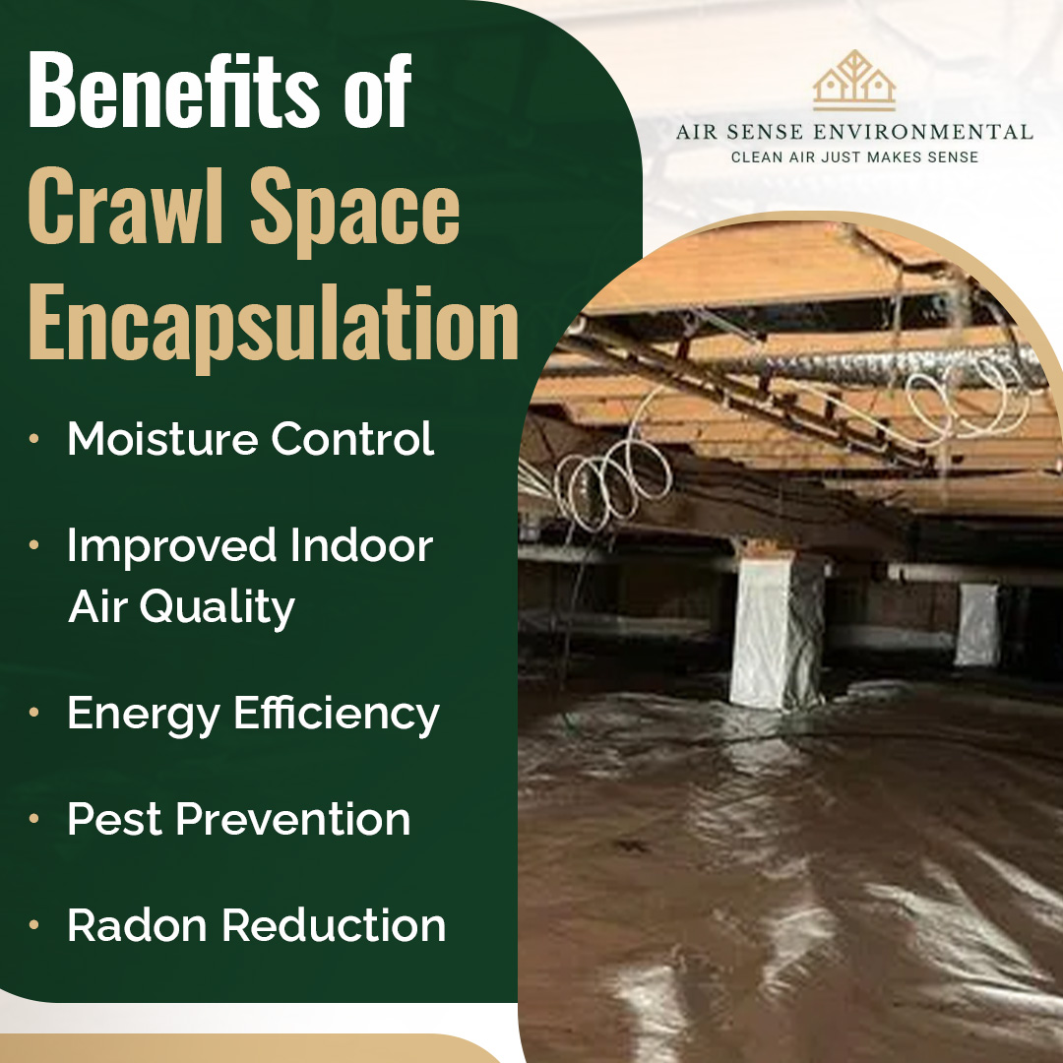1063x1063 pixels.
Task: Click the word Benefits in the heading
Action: pyautogui.click(x=173, y=90)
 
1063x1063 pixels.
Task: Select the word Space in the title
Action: pyautogui.click(x=354, y=212)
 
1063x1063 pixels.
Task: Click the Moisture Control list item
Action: pyautogui.click(x=250, y=439)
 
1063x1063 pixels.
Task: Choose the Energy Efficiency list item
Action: pyautogui.click(x=253, y=715)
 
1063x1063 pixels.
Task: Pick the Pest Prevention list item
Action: pyautogui.click(x=238, y=819)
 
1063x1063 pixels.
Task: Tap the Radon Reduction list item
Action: pyautogui.click(x=256, y=924)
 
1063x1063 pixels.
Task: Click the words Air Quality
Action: pyautogui.click(x=181, y=607)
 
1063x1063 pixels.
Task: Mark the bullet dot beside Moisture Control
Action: pyautogui.click(x=33, y=439)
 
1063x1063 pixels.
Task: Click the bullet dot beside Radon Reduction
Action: pyautogui.click(x=33, y=924)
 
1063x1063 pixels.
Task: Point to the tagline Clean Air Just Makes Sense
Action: pyautogui.click(x=854, y=157)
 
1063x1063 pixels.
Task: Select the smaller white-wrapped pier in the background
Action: pyautogui.click(x=977, y=625)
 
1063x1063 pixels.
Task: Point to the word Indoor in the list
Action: pyautogui.click(x=361, y=545)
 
